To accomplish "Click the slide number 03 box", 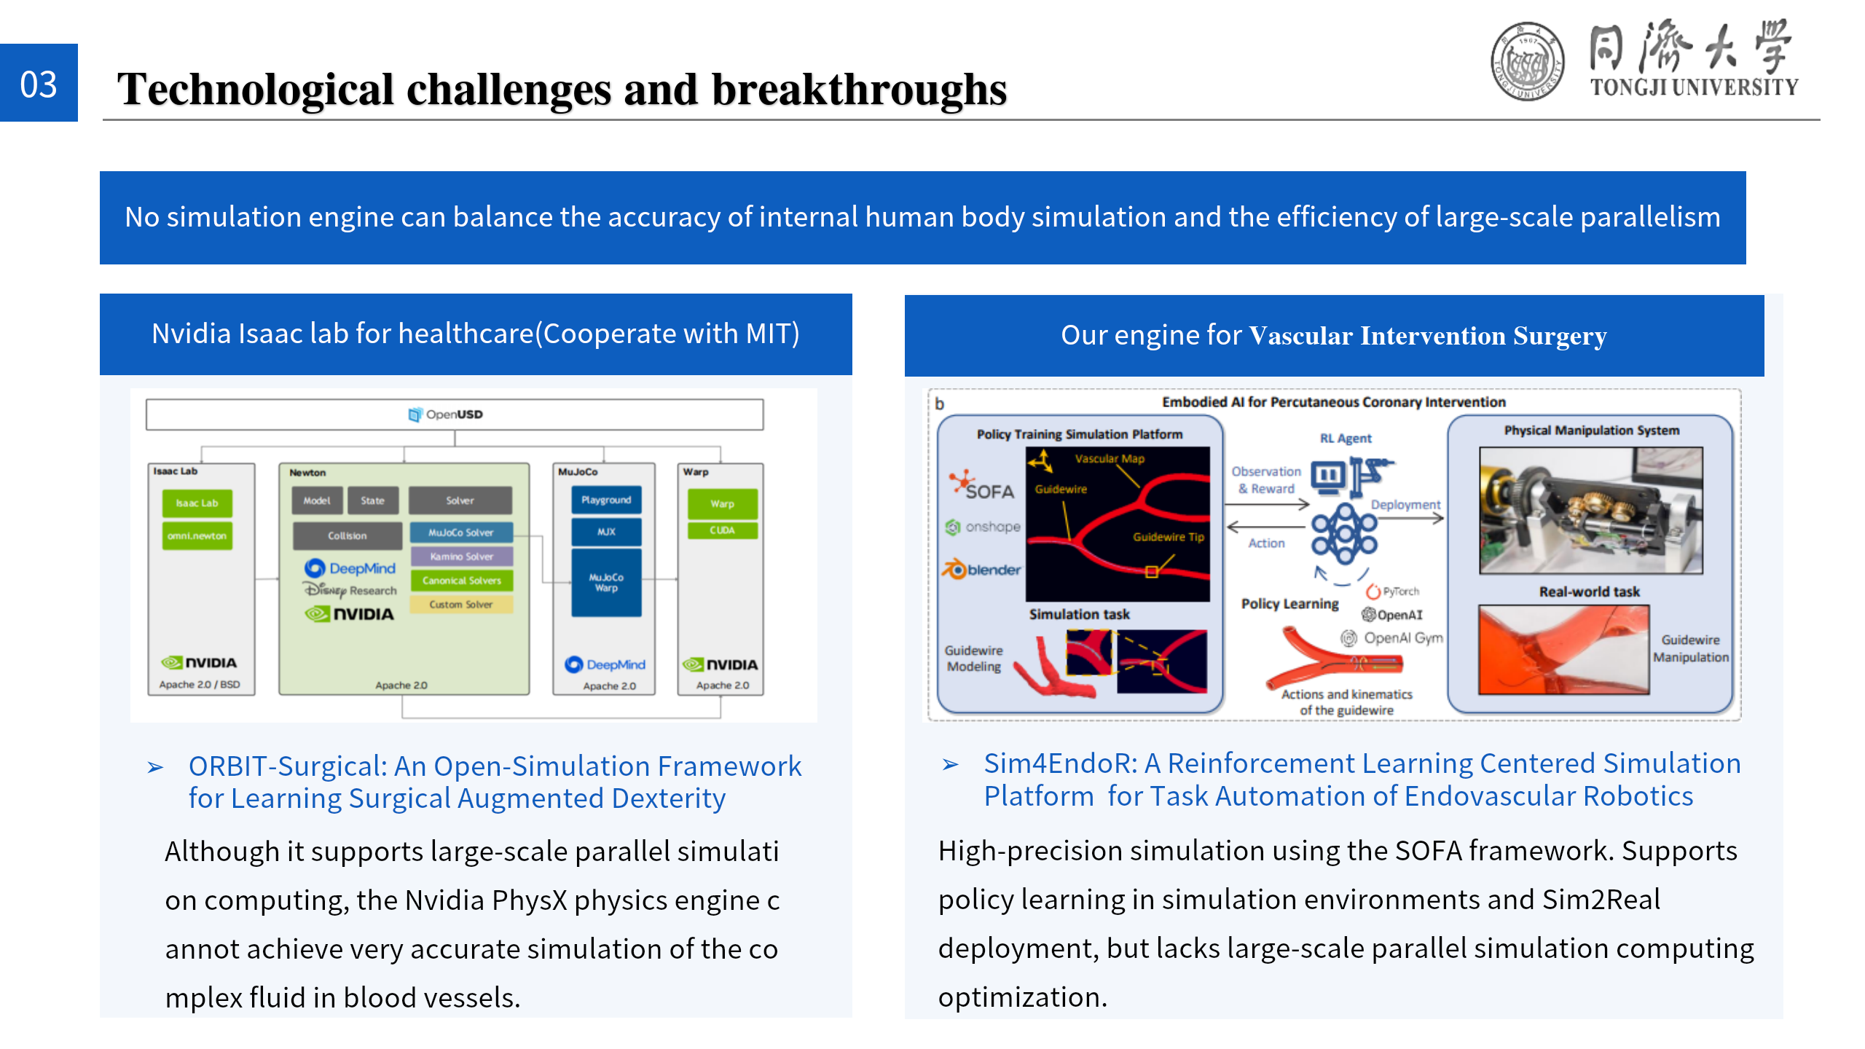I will (x=39, y=83).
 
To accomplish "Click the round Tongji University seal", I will (x=1527, y=61).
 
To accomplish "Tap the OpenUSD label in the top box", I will (x=447, y=415).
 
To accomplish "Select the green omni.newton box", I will (x=197, y=535).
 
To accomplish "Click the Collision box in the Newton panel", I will (x=347, y=535).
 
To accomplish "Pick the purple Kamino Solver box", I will (x=461, y=557).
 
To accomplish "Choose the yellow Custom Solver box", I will (x=461, y=605).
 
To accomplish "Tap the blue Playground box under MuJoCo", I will (x=606, y=500).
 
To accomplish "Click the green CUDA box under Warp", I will (x=722, y=530).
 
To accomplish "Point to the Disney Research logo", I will (x=350, y=590).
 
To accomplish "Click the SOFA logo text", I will (x=989, y=492).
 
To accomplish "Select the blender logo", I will (x=983, y=570).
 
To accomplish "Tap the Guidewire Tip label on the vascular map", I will (x=1168, y=537).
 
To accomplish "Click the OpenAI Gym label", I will (x=1402, y=638).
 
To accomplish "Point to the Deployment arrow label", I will (x=1405, y=505).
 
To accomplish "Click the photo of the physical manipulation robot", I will (x=1591, y=511).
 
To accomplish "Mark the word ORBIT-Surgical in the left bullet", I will (x=288, y=766).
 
